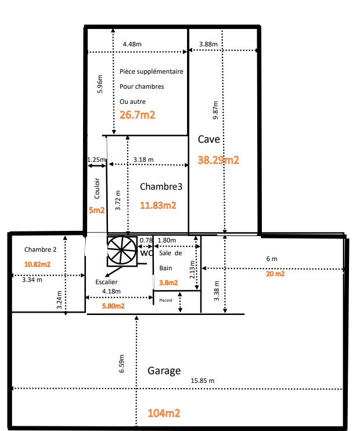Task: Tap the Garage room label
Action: [164, 371]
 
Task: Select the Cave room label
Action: [208, 139]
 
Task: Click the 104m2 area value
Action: [164, 413]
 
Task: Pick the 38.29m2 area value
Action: [218, 160]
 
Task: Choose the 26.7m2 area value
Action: [137, 115]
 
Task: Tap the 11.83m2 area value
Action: [158, 205]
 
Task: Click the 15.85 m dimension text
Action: [203, 381]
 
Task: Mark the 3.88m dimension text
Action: [208, 44]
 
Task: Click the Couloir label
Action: [96, 189]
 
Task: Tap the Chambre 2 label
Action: [41, 249]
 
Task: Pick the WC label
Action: [145, 253]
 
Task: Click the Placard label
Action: [165, 300]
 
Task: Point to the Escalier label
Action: [107, 282]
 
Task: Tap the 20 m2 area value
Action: [275, 274]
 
